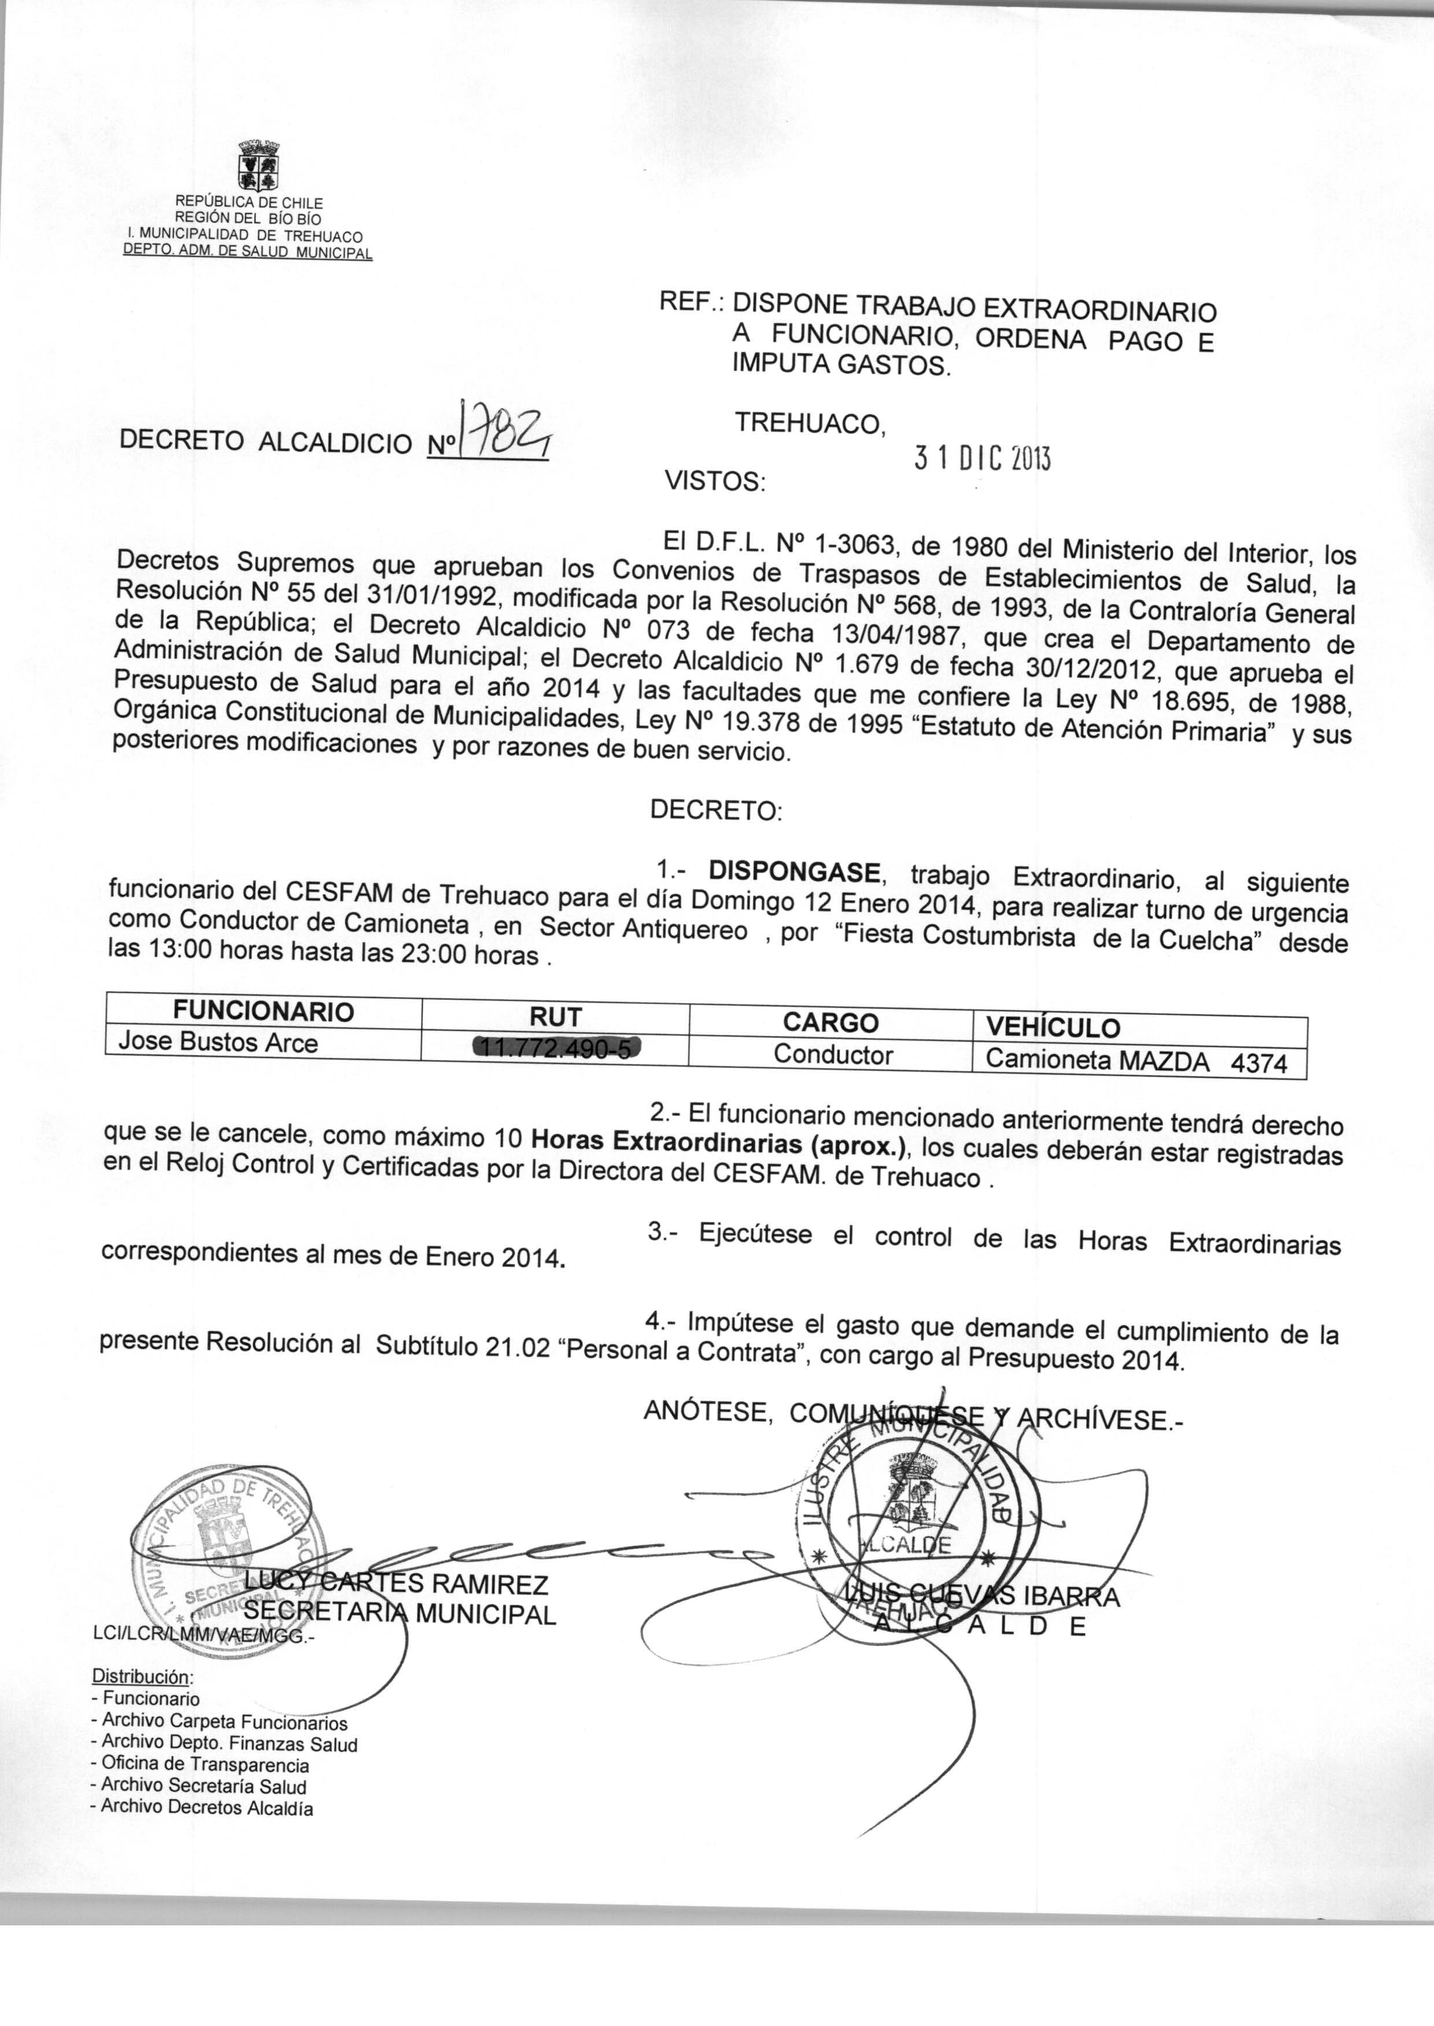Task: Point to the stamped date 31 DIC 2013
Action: [x=982, y=458]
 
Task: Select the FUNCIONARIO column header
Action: [x=263, y=1011]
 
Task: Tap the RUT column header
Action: [x=556, y=1017]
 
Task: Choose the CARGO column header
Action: [x=830, y=1022]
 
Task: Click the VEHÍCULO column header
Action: [x=1052, y=1027]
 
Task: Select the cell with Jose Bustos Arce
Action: [x=218, y=1042]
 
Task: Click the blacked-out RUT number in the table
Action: [x=556, y=1048]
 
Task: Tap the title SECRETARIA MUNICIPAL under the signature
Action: [x=399, y=1615]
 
